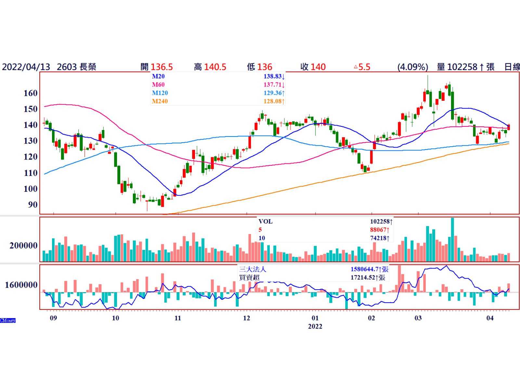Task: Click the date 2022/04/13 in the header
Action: pos(26,67)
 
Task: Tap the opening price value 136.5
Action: pos(162,67)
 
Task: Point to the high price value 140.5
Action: pos(215,67)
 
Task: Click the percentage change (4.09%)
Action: pos(412,67)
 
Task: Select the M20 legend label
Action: pos(158,76)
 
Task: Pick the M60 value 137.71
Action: pos(272,85)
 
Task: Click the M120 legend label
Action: pos(160,93)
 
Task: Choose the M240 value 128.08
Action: pos(272,101)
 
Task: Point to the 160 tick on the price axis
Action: pos(31,93)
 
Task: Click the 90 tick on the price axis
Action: pos(32,205)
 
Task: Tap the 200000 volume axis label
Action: pos(23,246)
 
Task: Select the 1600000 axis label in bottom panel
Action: pos(21,285)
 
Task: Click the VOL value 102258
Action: pos(380,222)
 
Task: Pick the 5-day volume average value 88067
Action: pos(379,230)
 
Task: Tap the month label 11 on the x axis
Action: pos(177,318)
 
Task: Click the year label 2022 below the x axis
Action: pos(315,326)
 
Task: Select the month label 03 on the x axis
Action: pos(418,318)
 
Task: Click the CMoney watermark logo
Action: pos(8,320)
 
